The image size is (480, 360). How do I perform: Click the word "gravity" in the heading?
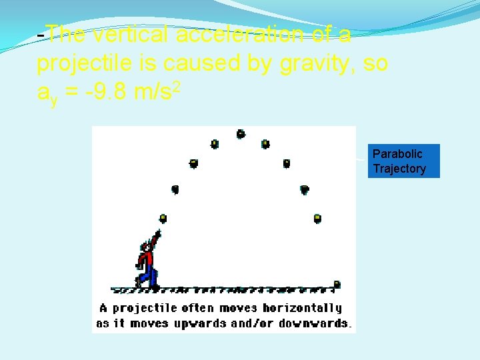(x=316, y=63)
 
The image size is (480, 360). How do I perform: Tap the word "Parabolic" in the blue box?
(x=397, y=154)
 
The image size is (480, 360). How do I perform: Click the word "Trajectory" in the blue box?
(x=399, y=169)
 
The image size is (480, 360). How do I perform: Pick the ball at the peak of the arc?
(x=241, y=134)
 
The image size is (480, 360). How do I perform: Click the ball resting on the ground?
(x=337, y=285)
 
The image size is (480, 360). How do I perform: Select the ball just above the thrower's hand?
(x=163, y=218)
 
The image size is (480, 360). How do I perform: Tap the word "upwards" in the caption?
(x=199, y=323)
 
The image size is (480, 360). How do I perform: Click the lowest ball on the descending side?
(x=317, y=218)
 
